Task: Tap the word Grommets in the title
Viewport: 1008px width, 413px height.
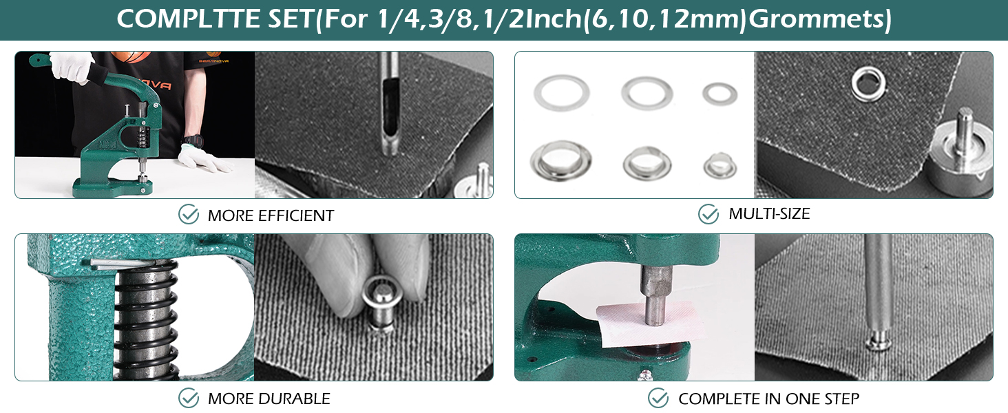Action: (x=819, y=19)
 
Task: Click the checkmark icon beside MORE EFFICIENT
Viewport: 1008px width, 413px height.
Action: (x=189, y=215)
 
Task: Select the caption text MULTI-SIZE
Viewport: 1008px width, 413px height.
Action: (x=769, y=214)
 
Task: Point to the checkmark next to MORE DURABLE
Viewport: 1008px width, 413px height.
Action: (x=189, y=398)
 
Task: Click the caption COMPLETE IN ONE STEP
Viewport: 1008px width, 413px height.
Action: (x=768, y=399)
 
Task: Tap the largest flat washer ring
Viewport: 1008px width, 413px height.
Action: (x=561, y=94)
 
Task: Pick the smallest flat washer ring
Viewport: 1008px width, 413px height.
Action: (x=720, y=94)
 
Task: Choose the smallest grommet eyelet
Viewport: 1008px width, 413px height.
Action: (x=720, y=165)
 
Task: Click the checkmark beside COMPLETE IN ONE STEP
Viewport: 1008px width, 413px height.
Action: (x=658, y=398)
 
